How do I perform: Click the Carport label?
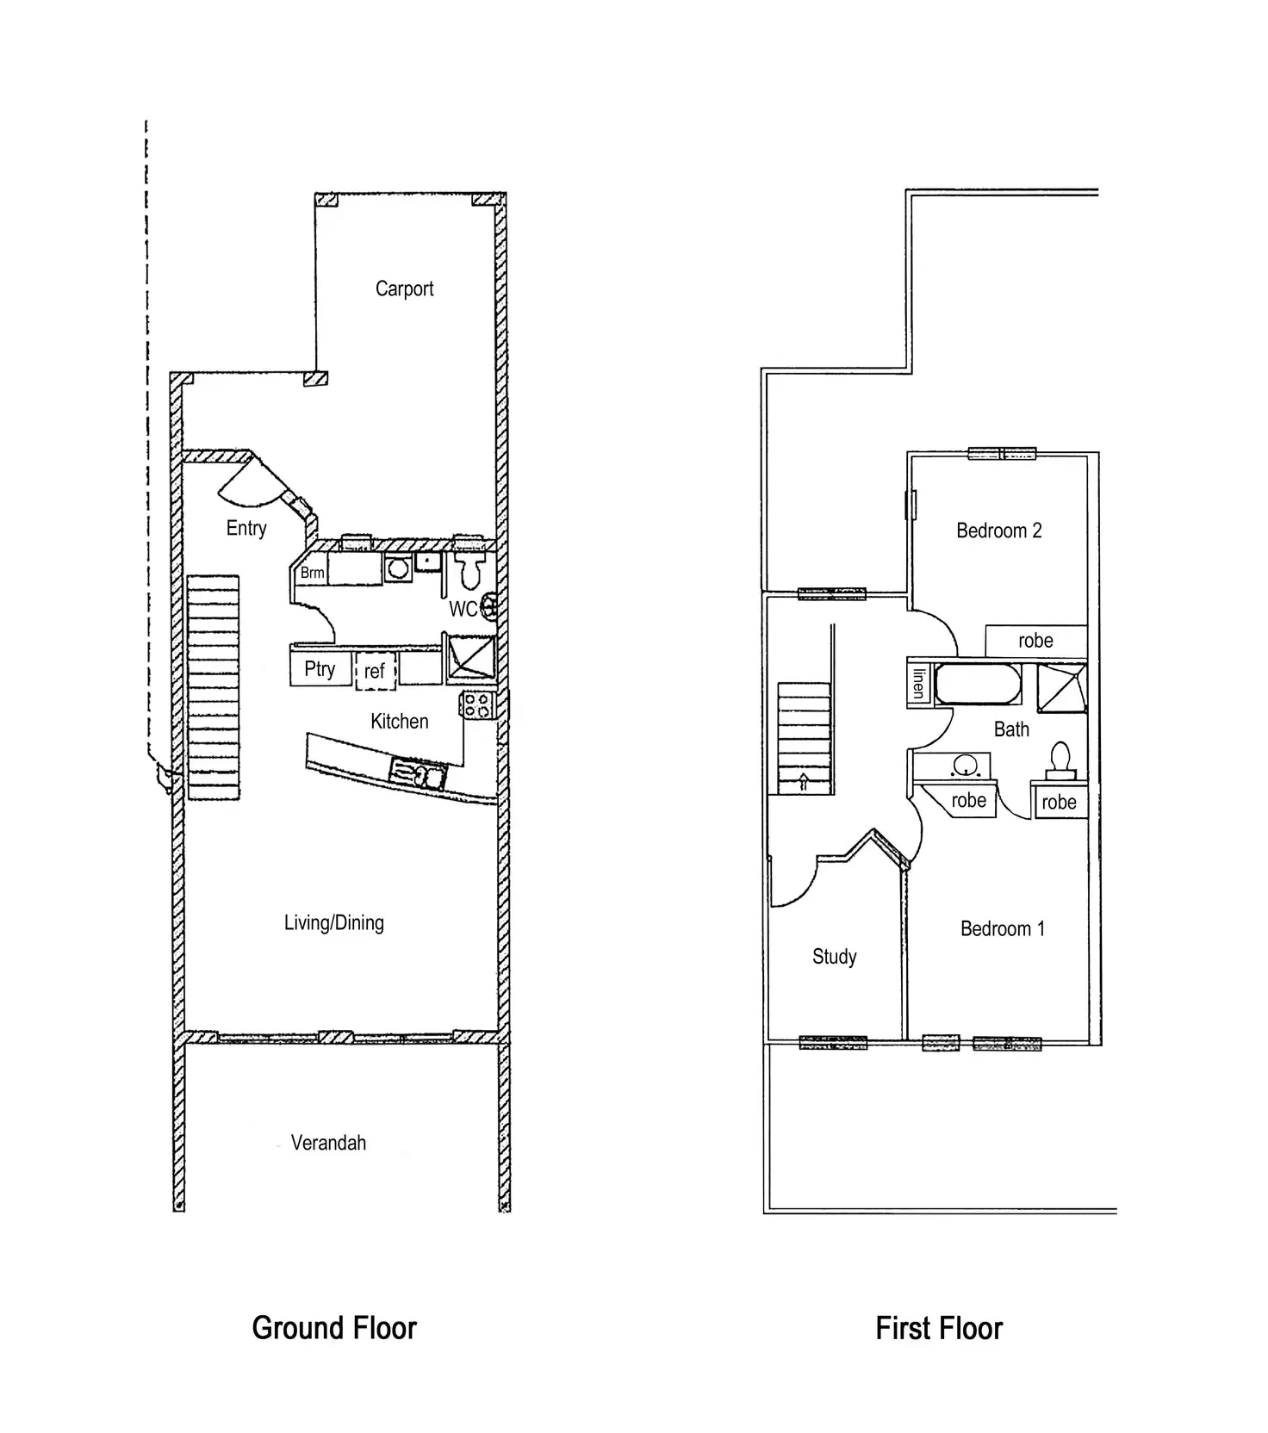click(404, 288)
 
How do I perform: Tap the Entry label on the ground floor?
click(246, 528)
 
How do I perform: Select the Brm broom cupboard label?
click(312, 573)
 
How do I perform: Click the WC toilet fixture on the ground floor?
click(470, 569)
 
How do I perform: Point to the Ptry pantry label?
click(320, 669)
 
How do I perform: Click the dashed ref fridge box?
click(375, 670)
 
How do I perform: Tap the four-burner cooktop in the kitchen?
click(477, 705)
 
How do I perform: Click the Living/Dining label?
click(334, 923)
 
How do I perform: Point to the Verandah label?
click(328, 1143)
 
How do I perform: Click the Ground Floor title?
click(334, 1328)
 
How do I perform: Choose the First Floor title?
click(939, 1328)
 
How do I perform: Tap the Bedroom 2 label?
click(999, 530)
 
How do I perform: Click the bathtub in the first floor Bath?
click(978, 684)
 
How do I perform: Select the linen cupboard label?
click(918, 684)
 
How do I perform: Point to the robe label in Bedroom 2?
click(1035, 641)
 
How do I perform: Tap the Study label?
click(834, 957)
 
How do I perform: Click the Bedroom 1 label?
click(1003, 929)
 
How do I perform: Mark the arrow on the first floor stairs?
click(804, 782)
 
